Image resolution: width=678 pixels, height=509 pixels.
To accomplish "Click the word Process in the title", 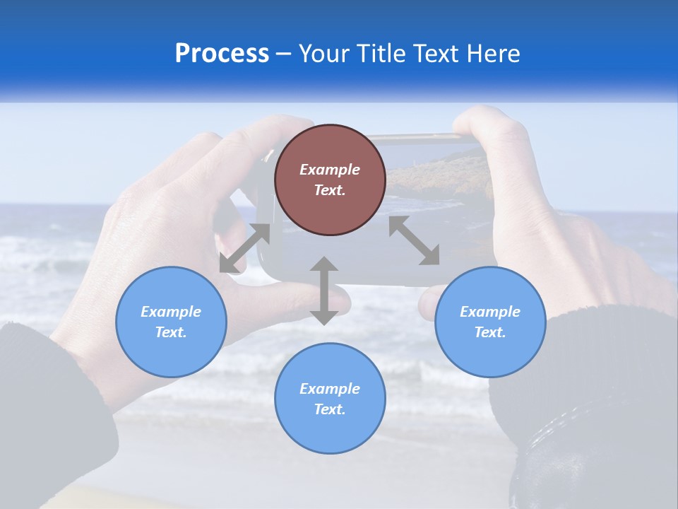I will (x=222, y=54).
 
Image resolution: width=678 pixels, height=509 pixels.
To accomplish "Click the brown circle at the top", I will (x=330, y=180).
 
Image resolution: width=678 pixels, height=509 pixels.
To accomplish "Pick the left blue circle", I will (x=171, y=322).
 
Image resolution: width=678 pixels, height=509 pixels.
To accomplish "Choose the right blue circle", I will (x=489, y=322).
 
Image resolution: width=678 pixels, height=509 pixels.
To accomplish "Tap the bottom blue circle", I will (x=330, y=399).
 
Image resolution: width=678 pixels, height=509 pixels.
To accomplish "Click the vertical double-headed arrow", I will (x=324, y=291).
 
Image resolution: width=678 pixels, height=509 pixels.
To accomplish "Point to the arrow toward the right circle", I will (x=414, y=240).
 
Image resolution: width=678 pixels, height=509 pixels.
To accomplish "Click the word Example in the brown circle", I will (x=330, y=170).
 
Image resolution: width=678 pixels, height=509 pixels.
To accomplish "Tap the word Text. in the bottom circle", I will (x=330, y=409).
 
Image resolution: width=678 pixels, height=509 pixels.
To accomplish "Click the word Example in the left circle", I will (x=171, y=312).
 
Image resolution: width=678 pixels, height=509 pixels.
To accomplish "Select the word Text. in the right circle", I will (x=489, y=332).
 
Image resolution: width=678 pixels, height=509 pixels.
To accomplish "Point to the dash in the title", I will (x=284, y=54).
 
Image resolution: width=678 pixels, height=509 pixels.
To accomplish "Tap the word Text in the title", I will (x=438, y=54).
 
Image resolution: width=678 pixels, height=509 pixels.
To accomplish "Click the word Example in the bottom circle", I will (x=330, y=389).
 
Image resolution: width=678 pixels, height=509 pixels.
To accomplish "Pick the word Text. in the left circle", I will (x=171, y=332).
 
